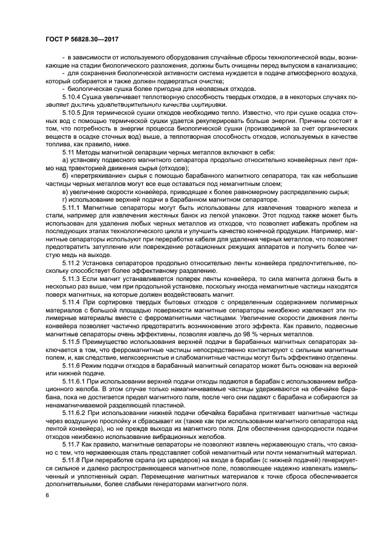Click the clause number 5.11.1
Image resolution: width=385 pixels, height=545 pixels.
(73, 208)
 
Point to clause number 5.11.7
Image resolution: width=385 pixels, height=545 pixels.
(73, 444)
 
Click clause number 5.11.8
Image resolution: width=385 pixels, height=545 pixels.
(73, 460)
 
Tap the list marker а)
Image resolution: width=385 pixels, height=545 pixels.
(65, 160)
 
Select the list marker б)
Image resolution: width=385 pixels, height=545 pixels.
(65, 175)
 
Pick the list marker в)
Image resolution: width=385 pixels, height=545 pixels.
(65, 192)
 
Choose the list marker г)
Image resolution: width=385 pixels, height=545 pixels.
(65, 199)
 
